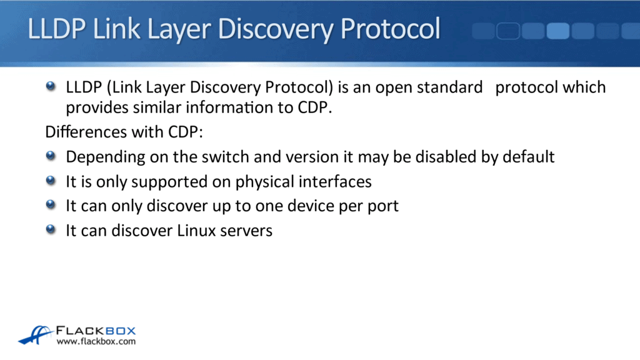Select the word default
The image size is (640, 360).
(x=527, y=156)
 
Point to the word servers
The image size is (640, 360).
(x=249, y=231)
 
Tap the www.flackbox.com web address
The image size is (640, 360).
(x=96, y=342)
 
